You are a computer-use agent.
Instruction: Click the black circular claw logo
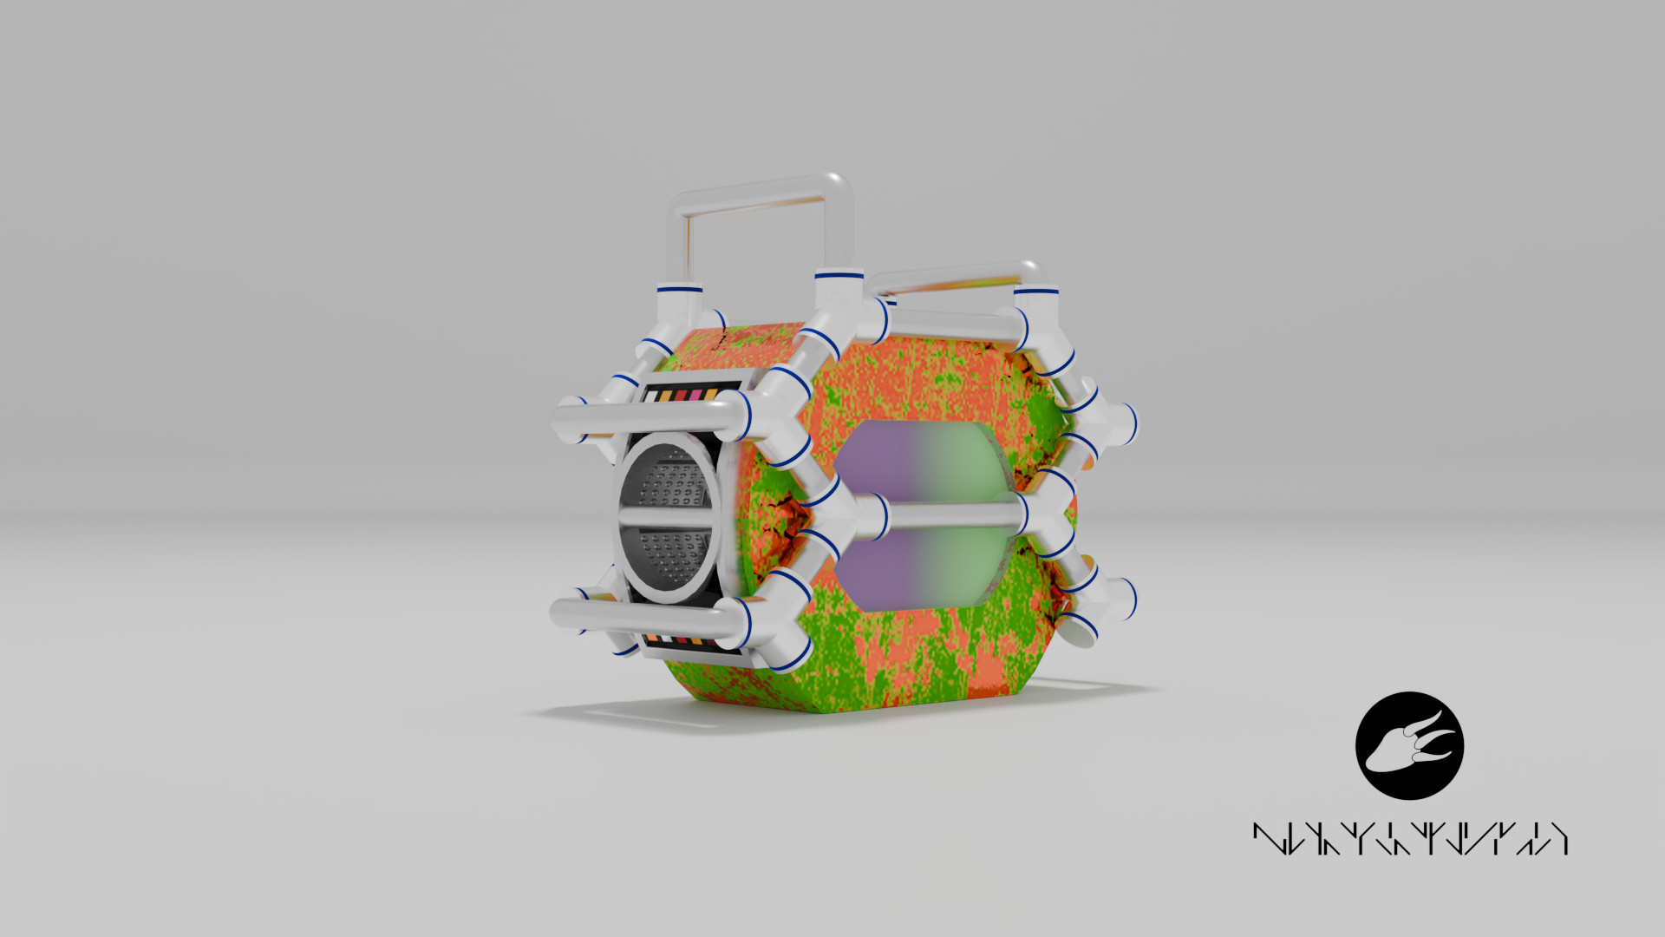1409,745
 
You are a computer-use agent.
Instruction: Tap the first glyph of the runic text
1269,839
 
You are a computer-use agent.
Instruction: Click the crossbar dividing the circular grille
666,515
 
